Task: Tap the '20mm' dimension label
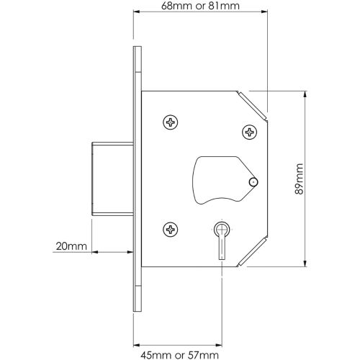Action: [71, 246]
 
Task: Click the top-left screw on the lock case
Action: [171, 123]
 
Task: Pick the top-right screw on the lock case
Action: [250, 132]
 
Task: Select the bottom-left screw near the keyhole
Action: [171, 230]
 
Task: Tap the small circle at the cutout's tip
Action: [252, 183]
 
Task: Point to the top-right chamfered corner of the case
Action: [253, 104]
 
